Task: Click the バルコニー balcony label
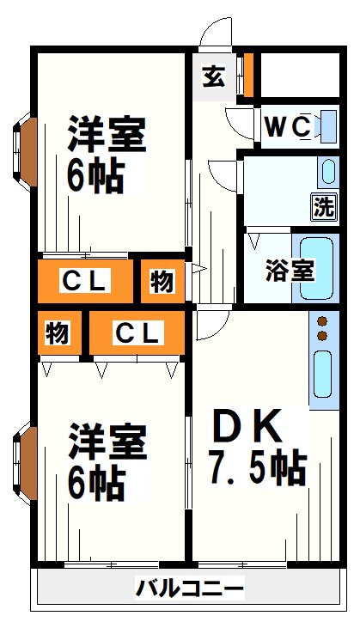pos(189,589)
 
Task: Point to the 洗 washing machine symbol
pos(323,206)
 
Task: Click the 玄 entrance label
pos(213,76)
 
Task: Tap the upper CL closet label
pos(83,280)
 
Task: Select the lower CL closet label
pos(137,333)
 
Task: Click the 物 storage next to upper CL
pos(162,280)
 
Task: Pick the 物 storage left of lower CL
pos(58,333)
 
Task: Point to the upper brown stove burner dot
pos(323,320)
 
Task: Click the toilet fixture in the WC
pos(326,126)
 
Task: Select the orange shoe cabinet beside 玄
pos(248,76)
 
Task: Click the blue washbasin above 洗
pos(327,173)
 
